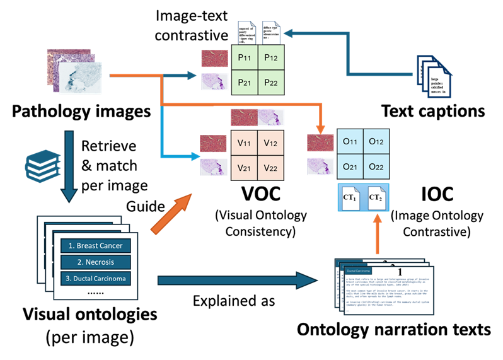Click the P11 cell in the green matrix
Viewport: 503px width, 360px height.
(245, 58)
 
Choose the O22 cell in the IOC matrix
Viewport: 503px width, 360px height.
(376, 168)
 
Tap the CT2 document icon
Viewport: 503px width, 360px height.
(376, 198)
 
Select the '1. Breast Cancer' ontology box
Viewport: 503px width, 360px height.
(96, 245)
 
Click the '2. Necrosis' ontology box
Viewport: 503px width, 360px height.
(96, 262)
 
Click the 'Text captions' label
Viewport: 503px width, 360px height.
(433, 112)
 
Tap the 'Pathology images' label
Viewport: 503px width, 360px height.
(81, 112)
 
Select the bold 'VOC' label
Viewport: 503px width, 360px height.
(260, 195)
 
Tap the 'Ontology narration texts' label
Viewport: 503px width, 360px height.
(394, 329)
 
